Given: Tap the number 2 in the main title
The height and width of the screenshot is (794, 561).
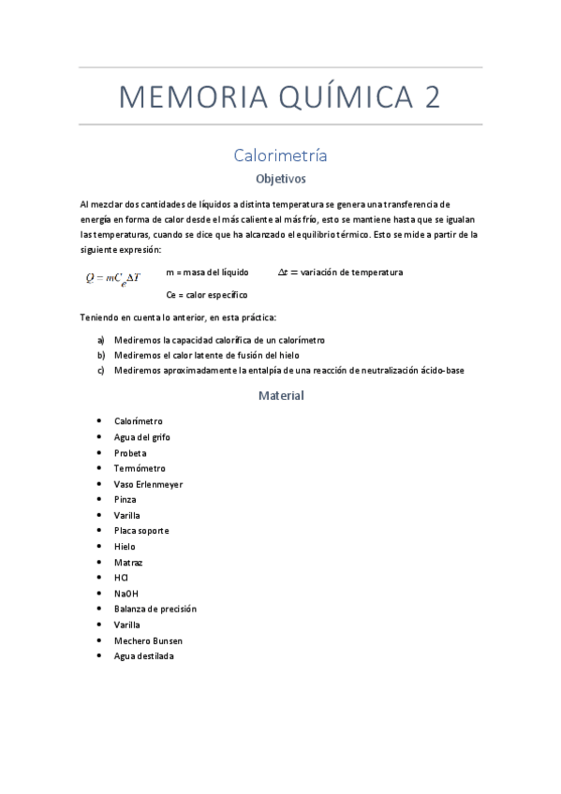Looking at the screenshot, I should (431, 97).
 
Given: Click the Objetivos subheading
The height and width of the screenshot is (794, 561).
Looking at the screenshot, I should (280, 178).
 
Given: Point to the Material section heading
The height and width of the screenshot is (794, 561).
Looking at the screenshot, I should (281, 395).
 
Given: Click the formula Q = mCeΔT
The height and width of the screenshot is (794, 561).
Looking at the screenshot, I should (112, 277).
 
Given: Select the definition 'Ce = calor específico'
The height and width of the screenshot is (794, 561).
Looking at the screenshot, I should (206, 295).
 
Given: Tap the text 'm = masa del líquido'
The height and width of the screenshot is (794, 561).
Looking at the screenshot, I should (207, 272).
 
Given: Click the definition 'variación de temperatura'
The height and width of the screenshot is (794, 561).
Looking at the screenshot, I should (351, 272).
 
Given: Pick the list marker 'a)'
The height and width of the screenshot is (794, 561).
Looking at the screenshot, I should (101, 340).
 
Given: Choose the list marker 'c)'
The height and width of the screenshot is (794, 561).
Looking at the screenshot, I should (101, 370).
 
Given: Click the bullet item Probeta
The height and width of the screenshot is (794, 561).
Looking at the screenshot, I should (130, 453).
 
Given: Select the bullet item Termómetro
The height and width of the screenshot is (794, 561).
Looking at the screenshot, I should (140, 468).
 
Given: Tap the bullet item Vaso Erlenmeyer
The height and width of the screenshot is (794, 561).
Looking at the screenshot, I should (148, 484).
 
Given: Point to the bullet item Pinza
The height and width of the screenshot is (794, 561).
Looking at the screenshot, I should (125, 500).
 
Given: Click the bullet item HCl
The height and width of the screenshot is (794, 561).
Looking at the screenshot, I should (121, 578).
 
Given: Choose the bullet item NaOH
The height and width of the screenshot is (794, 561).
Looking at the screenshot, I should (126, 594).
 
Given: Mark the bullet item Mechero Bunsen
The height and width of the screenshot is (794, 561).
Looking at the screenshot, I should (148, 640).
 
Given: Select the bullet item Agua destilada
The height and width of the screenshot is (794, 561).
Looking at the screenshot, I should (143, 656).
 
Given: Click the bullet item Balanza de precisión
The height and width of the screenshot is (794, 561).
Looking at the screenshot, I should (155, 609).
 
